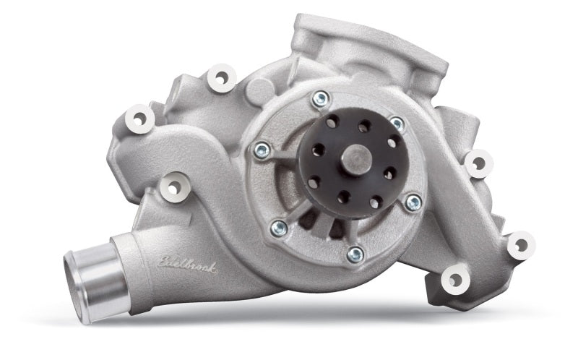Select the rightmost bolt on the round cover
tap(413, 203)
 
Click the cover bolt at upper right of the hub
tap(397, 124)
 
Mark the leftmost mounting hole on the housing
tap(137, 116)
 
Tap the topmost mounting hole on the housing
tap(221, 76)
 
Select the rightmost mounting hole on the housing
tap(519, 246)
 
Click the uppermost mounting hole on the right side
tap(478, 163)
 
